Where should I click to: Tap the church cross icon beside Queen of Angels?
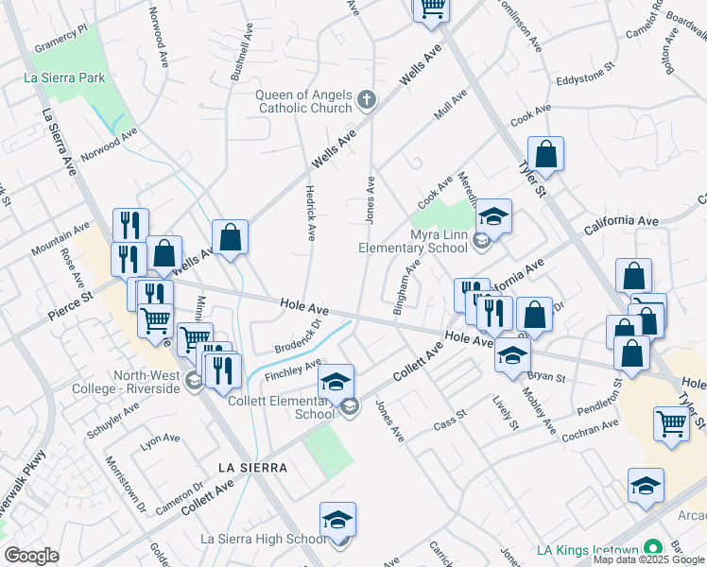pyautogui.click(x=367, y=99)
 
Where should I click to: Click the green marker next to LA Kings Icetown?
pyautogui.click(x=651, y=548)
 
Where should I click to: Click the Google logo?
pyautogui.click(x=31, y=555)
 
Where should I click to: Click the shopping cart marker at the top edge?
pyautogui.click(x=432, y=8)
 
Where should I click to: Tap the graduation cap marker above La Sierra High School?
pyautogui.click(x=337, y=520)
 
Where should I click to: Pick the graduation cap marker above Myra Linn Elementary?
pyautogui.click(x=492, y=216)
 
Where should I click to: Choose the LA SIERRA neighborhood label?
pyautogui.click(x=251, y=468)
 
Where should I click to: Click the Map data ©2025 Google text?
pyautogui.click(x=649, y=559)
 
